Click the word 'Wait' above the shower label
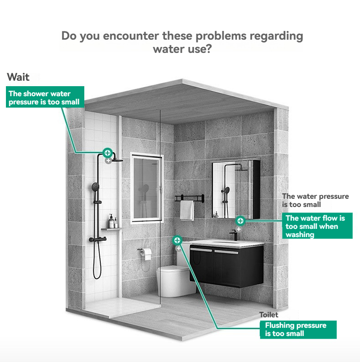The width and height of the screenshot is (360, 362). (18, 77)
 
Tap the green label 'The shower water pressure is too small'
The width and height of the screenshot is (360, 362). (45, 97)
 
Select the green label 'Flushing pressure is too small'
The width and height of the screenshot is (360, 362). (298, 330)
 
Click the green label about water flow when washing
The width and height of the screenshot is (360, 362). (317, 226)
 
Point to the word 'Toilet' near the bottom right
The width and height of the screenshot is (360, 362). (269, 315)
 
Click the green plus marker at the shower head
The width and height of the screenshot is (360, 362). (107, 153)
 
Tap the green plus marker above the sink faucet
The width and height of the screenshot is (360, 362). (240, 221)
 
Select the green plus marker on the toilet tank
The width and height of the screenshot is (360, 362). (177, 240)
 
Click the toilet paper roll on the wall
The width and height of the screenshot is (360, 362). (147, 253)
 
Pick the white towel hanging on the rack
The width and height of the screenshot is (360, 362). (187, 210)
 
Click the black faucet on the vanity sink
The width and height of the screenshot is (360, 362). (234, 235)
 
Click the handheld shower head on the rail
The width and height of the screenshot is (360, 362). (95, 187)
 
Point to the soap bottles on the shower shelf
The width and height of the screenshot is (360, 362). (113, 222)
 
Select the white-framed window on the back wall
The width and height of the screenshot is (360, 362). (147, 188)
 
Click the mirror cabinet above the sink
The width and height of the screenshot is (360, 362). (236, 189)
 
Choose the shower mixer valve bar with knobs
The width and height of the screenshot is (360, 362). (98, 239)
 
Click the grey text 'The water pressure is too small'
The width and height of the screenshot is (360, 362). (315, 201)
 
